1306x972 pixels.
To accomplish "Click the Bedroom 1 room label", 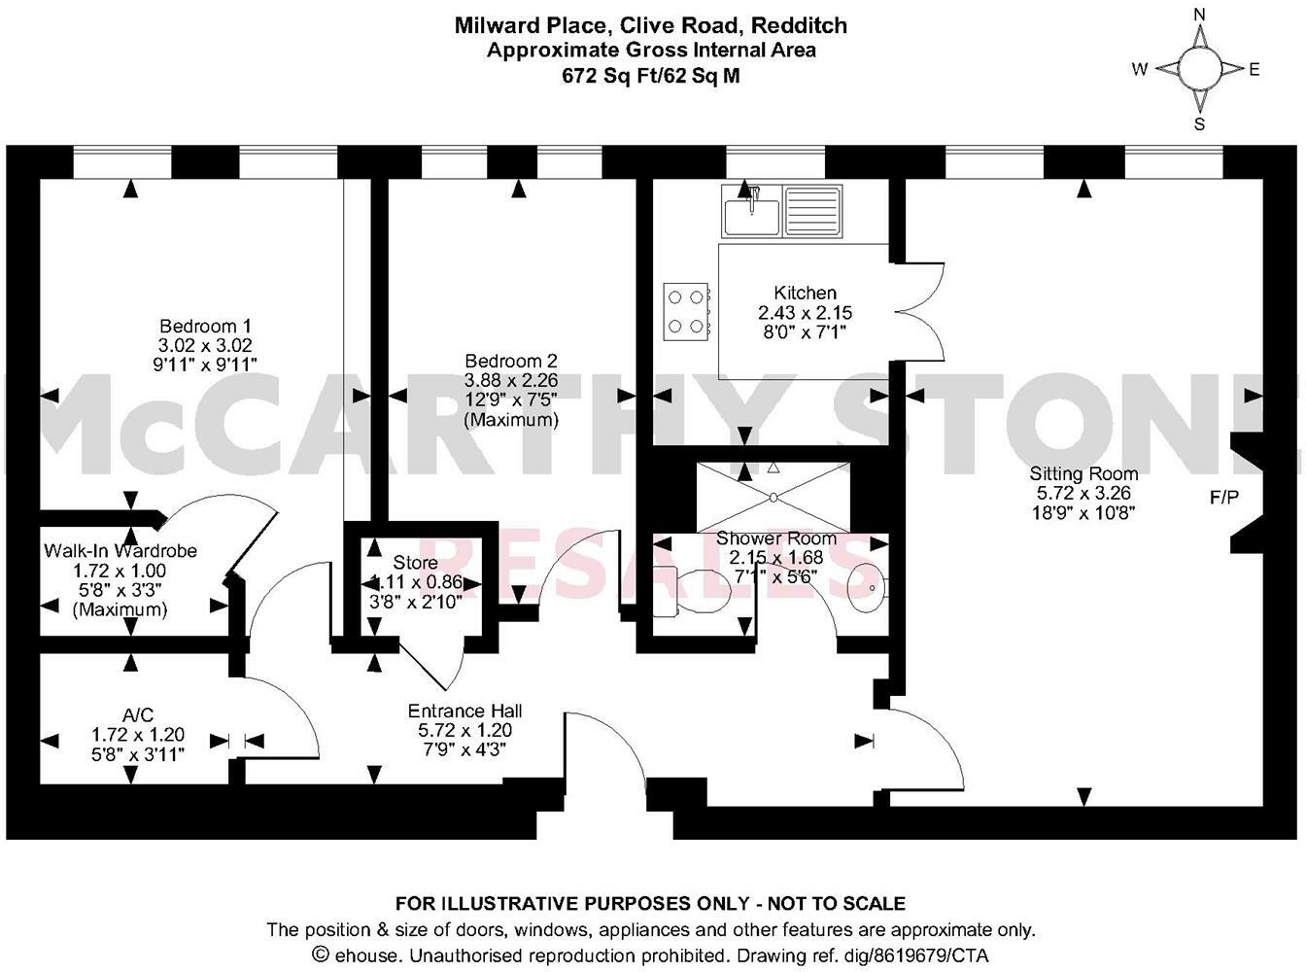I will (206, 327).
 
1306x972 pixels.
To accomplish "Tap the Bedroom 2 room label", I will (511, 361).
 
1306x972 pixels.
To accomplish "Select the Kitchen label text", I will (805, 293).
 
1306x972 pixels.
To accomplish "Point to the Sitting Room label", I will (1083, 474).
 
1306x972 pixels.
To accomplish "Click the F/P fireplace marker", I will (1223, 499).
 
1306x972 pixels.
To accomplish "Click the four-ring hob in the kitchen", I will (686, 312).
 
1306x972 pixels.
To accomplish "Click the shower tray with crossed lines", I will (773, 497).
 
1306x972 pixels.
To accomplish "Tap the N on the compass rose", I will (1199, 14).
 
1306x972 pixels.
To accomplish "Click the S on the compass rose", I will (1199, 124).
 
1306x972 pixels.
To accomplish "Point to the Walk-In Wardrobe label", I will (120, 551).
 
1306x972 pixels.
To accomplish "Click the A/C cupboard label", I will (138, 715).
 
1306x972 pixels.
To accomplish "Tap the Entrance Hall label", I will (464, 711).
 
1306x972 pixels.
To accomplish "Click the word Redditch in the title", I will (806, 25).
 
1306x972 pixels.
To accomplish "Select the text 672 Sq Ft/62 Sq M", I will (651, 76).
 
